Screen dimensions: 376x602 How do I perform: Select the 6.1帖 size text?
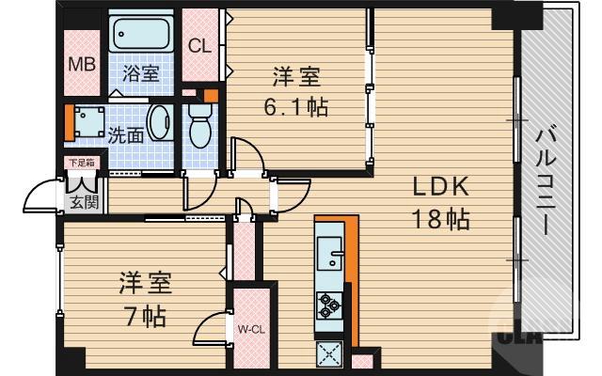[x=295, y=105]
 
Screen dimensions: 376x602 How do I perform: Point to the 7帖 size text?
[x=143, y=315]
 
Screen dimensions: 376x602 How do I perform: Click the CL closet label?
[x=199, y=45]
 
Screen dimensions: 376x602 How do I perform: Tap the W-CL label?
[x=249, y=329]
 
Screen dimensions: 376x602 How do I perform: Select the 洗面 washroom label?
[x=125, y=134]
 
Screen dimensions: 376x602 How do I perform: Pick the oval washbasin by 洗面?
[x=161, y=124]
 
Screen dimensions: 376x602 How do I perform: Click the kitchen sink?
[x=330, y=253]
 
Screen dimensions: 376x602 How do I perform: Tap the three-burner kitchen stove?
[x=330, y=304]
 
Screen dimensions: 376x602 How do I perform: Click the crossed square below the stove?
[x=331, y=353]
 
